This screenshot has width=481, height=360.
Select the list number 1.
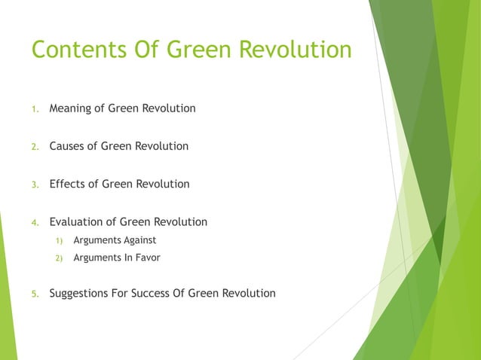tap(35, 109)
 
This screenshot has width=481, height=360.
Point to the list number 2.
tap(35, 147)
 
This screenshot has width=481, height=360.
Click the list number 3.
tap(35, 185)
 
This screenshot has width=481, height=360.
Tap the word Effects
tap(67, 184)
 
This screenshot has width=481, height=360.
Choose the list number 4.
tap(35, 223)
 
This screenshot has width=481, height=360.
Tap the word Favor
tap(146, 258)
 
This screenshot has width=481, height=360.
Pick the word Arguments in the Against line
tap(96, 240)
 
